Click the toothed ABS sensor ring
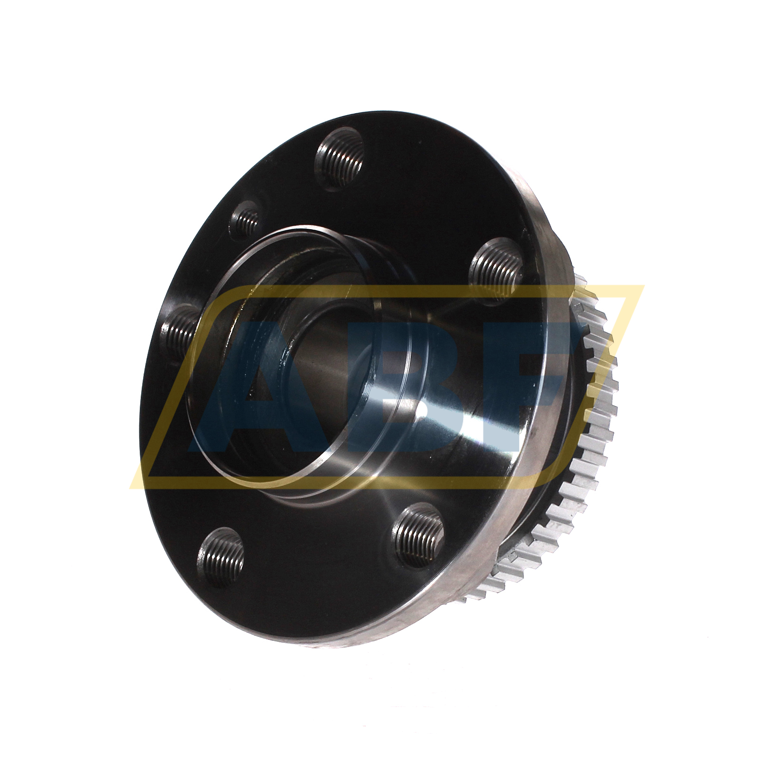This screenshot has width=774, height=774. tap(594, 428)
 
